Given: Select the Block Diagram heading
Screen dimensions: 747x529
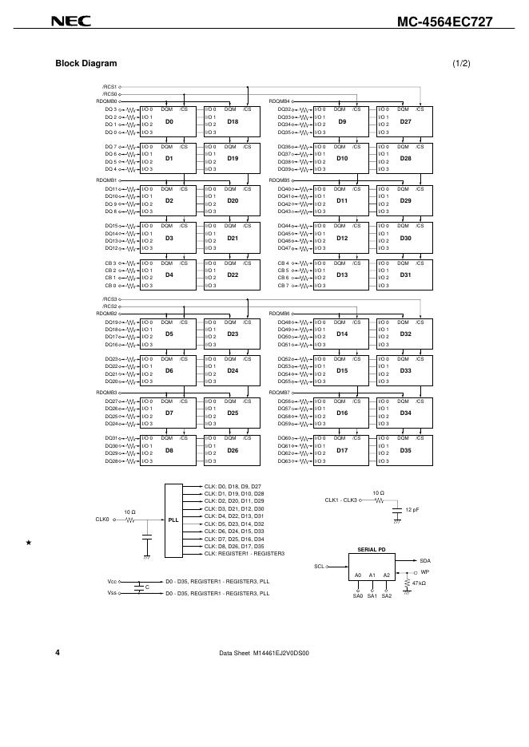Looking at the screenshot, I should [86, 63].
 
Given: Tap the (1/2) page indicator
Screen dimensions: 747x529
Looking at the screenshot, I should [461, 63].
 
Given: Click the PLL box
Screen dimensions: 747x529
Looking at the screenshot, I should [173, 520].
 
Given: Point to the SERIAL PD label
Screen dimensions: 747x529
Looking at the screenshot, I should [372, 550].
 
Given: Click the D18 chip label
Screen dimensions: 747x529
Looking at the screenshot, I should [233, 121].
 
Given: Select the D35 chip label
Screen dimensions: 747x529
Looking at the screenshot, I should [405, 450].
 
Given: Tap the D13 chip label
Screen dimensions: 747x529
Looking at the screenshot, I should [342, 275].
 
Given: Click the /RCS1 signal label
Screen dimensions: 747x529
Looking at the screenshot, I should [109, 86].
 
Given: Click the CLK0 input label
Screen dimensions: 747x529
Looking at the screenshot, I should [101, 520].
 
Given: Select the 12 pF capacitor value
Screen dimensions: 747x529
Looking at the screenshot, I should [412, 509].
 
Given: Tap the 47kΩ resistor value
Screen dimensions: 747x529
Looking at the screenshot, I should [418, 583].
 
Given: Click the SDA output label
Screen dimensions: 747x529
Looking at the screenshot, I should [424, 561].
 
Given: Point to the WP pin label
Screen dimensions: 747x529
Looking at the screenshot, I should [425, 572].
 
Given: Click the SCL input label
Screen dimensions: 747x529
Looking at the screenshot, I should [318, 566].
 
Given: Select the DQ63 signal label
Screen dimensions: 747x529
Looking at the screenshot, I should [284, 461].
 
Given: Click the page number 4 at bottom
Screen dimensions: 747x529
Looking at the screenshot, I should [58, 652].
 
